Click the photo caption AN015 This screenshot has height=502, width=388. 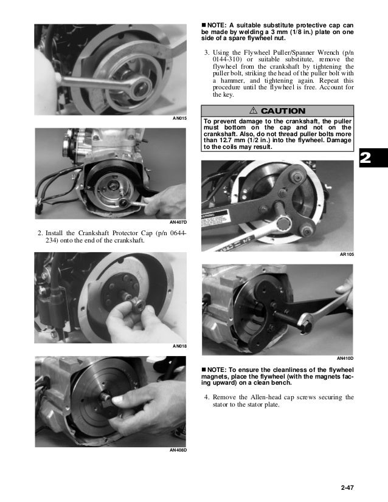click(x=179, y=118)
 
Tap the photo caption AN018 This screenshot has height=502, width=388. click(x=179, y=346)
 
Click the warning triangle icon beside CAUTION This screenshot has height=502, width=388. click(x=253, y=111)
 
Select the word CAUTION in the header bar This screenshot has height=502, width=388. click(x=283, y=111)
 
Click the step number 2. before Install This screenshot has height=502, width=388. click(x=41, y=233)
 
